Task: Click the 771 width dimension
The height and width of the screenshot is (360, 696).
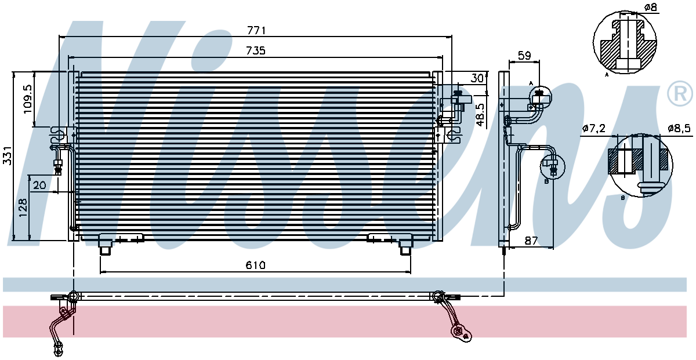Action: pos(256,31)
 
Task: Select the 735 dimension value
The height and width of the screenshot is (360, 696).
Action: pos(256,50)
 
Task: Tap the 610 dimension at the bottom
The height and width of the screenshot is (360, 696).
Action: pos(255,266)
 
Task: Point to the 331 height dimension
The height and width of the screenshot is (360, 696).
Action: pos(8,155)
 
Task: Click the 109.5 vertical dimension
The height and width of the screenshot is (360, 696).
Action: pos(28,99)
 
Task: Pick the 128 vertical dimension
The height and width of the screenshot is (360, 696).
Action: pos(23,208)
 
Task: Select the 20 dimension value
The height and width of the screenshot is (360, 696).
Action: pos(39,186)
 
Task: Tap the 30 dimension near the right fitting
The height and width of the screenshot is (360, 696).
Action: pos(477,78)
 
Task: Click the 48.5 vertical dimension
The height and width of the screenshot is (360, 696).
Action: pos(480,115)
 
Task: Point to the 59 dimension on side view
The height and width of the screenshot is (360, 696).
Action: pos(524,56)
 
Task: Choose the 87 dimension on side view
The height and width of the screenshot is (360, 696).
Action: pos(531,241)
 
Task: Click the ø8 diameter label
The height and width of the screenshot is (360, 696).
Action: pos(651,7)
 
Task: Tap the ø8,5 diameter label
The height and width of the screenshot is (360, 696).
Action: pos(679,128)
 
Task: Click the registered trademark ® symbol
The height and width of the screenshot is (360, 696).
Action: pos(680,94)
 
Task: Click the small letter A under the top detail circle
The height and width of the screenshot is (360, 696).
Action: pos(607,75)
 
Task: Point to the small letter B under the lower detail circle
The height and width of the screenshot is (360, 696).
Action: pos(623,198)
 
